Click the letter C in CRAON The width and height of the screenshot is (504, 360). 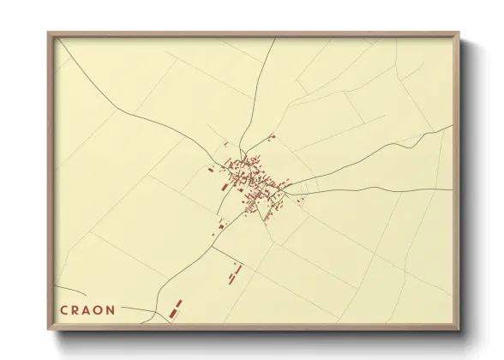coord(64,310)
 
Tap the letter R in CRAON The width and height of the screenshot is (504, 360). coord(77,310)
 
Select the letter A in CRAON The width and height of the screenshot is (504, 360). coord(89,310)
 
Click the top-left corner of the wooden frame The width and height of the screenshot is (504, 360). coord(49,33)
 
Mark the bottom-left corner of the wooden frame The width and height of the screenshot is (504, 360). coord(49,330)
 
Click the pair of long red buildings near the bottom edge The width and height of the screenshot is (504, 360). coord(175,308)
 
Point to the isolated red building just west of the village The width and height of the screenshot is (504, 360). coord(210,170)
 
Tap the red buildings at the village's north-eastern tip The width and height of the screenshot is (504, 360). coord(271,137)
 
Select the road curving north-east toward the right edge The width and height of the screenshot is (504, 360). coord(386,151)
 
